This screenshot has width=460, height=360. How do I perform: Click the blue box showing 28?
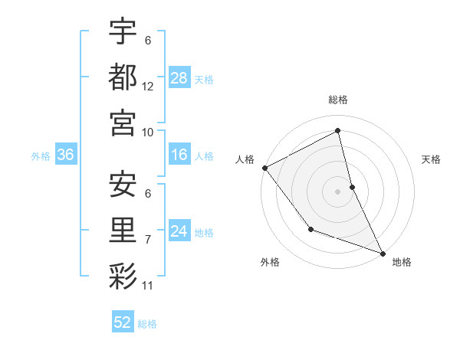(x=179, y=78)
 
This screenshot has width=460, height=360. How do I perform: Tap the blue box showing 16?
(x=179, y=155)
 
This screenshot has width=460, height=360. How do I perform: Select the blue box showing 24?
(x=179, y=231)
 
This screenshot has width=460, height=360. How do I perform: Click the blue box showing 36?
(x=66, y=155)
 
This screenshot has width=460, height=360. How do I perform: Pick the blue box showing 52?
(x=123, y=322)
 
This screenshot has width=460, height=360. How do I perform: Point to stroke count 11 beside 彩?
(x=148, y=286)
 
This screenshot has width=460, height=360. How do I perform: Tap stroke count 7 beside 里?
(x=148, y=240)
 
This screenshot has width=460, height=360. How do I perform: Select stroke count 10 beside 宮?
(x=148, y=132)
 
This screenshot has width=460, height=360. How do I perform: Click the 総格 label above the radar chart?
(x=338, y=100)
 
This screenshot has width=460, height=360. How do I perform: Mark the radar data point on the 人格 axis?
(x=264, y=168)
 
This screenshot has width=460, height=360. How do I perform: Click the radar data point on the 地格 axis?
(x=383, y=252)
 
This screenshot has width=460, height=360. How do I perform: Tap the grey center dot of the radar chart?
(x=337, y=191)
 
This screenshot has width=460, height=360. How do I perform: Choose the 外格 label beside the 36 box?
(x=41, y=156)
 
